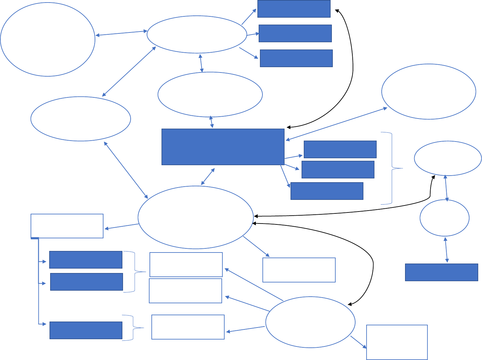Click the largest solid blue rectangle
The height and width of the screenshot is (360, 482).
[223, 147]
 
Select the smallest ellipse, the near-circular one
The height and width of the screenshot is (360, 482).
[444, 218]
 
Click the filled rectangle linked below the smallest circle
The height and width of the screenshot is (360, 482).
[441, 272]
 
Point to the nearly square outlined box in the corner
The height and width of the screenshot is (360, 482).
[397, 342]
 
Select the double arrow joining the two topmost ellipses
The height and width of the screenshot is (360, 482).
[121, 33]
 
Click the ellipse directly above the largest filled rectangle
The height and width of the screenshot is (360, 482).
[210, 95]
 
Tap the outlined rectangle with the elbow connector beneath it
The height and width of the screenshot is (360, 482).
[67, 226]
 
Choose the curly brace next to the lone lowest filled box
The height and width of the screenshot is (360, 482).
[133, 328]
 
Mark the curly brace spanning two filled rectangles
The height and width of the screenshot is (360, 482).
[135, 271]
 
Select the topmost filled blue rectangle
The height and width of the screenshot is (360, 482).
[294, 9]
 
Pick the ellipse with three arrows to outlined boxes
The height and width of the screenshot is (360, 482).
[310, 322]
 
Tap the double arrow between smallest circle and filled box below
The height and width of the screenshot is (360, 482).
[446, 250]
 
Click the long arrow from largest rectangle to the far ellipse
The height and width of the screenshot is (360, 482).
[336, 124]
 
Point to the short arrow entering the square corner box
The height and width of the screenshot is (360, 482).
[358, 342]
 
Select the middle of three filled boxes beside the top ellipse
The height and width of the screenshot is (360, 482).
[295, 33]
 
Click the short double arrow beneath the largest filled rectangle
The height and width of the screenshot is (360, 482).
[208, 177]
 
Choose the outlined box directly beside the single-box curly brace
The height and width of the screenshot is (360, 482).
[188, 327]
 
